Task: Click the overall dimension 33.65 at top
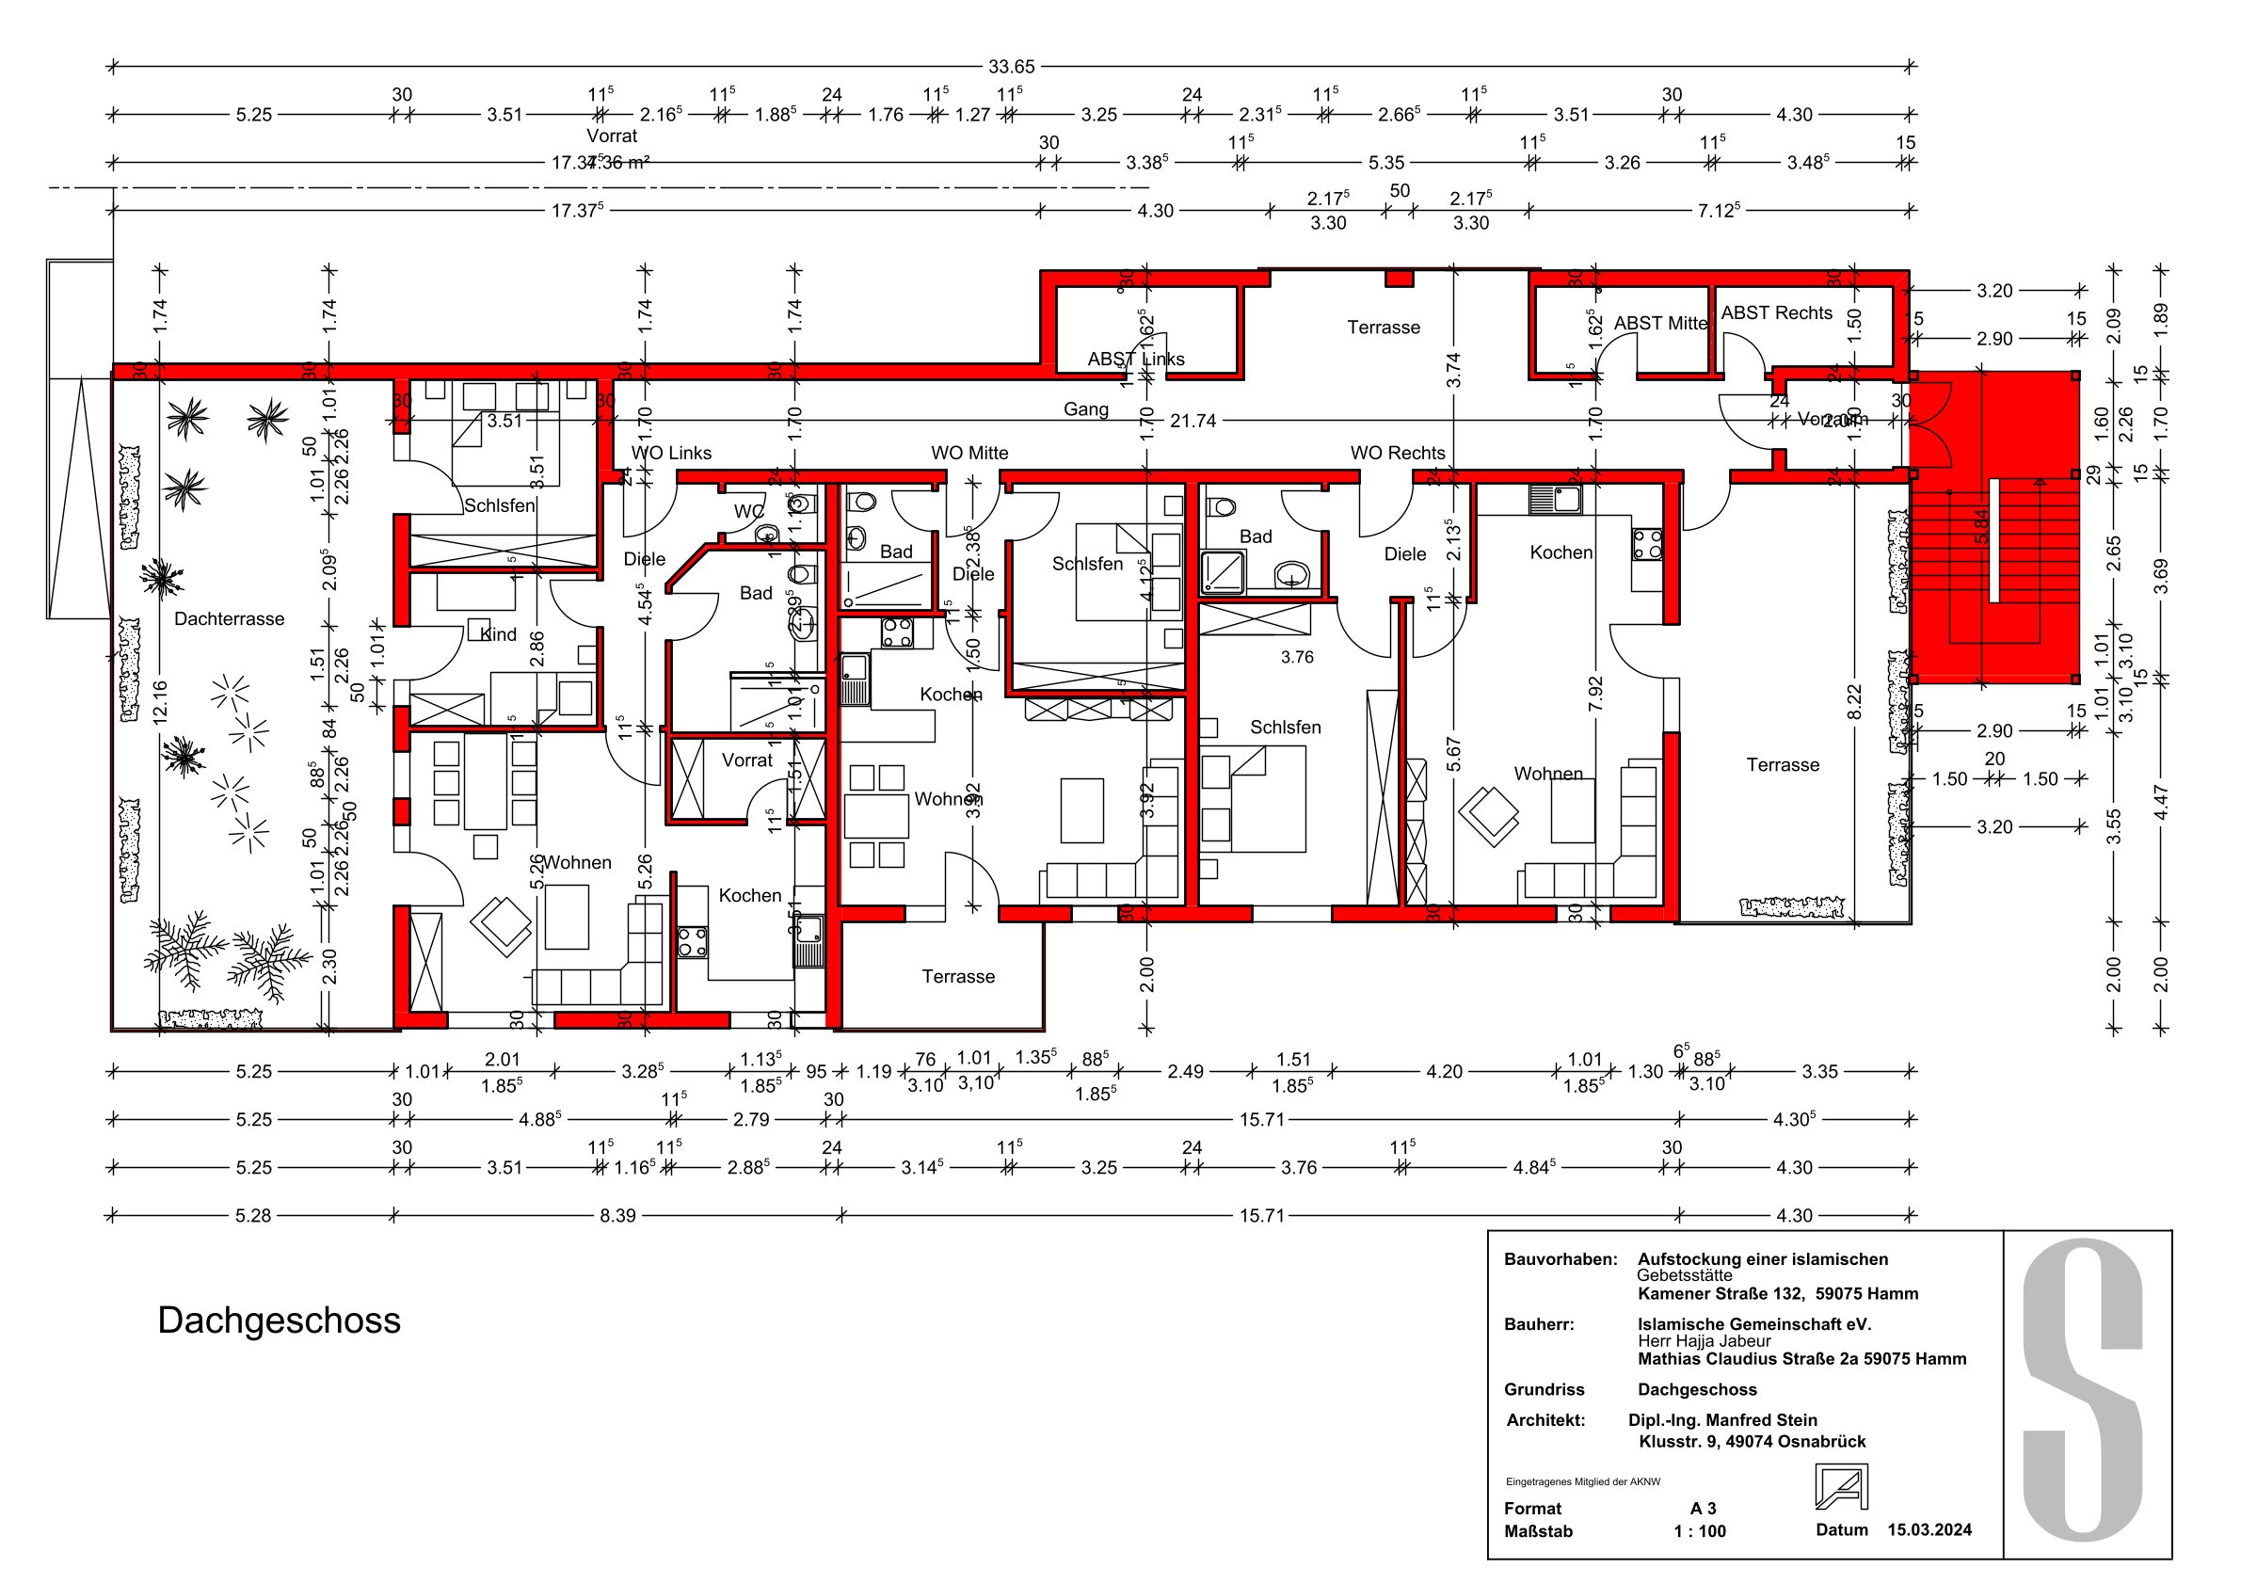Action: click(1010, 67)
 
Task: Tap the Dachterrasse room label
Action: click(230, 618)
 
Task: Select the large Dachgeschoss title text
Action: click(280, 1320)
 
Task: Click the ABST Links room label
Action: click(1135, 360)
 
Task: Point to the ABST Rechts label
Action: click(1775, 312)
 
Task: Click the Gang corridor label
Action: click(1085, 408)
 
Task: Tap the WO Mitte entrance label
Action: click(968, 453)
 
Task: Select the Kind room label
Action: click(498, 634)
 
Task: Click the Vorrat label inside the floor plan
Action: click(746, 760)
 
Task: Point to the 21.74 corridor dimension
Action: click(1193, 421)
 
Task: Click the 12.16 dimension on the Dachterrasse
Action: click(160, 701)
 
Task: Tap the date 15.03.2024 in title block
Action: click(1929, 1529)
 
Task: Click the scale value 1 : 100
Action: click(1699, 1531)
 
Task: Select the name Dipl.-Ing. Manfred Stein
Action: click(1721, 1420)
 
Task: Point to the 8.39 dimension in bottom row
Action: click(616, 1215)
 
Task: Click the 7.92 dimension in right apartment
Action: click(1596, 693)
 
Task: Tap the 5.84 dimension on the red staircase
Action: click(1981, 527)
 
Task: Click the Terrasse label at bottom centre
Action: click(957, 977)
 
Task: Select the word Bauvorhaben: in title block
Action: click(1560, 1259)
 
